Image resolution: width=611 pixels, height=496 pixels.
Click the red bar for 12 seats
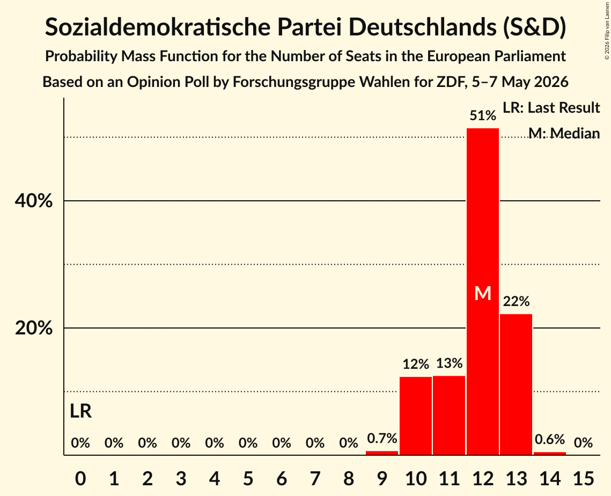[x=483, y=291]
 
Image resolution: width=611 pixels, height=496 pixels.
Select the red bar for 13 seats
[x=516, y=384]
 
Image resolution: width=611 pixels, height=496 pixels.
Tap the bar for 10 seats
[x=416, y=415]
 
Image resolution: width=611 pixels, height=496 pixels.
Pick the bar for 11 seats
[x=450, y=415]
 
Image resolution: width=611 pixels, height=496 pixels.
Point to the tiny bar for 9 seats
[x=382, y=453]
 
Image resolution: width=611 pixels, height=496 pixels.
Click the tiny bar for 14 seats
[x=550, y=453]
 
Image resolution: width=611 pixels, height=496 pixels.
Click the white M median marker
[x=483, y=293]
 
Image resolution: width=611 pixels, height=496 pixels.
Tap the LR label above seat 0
[x=80, y=411]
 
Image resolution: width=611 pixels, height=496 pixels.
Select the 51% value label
[x=483, y=115]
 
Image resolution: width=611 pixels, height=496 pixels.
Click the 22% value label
[x=516, y=302]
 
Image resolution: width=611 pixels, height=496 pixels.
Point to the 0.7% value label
[x=382, y=438]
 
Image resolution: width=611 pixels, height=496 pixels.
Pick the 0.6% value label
[x=550, y=439]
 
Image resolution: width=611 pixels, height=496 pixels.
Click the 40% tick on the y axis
[x=33, y=201]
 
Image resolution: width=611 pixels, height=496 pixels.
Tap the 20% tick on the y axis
[x=33, y=329]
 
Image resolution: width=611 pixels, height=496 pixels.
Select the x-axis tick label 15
[x=583, y=478]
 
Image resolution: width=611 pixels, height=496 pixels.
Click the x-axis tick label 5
[x=248, y=478]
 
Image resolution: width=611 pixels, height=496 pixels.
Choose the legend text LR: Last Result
[x=551, y=107]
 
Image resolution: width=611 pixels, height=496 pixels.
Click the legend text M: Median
[x=564, y=133]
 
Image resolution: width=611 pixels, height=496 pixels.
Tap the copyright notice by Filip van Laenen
[x=607, y=31]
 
